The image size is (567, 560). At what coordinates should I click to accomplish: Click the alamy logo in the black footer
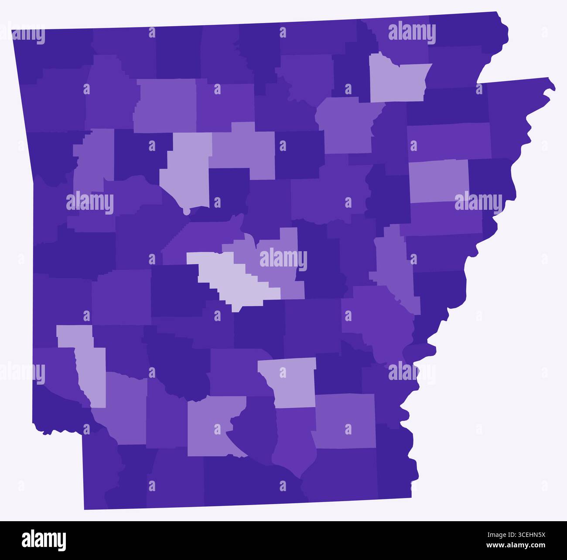pyautogui.click(x=44, y=540)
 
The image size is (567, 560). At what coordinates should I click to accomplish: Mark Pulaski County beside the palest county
pyautogui.click(x=279, y=262)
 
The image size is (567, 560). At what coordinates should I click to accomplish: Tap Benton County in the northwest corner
pyautogui.click(x=52, y=48)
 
